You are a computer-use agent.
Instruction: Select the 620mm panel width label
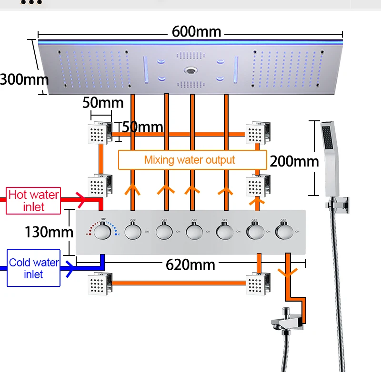[x=190, y=264]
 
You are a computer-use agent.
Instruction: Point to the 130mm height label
[x=50, y=232]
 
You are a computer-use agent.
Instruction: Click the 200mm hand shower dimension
[x=294, y=161]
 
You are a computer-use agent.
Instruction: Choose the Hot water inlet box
[x=33, y=200]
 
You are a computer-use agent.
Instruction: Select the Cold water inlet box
[x=33, y=268]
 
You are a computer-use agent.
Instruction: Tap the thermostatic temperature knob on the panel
[x=101, y=232]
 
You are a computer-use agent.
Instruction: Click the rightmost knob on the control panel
[x=285, y=232]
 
